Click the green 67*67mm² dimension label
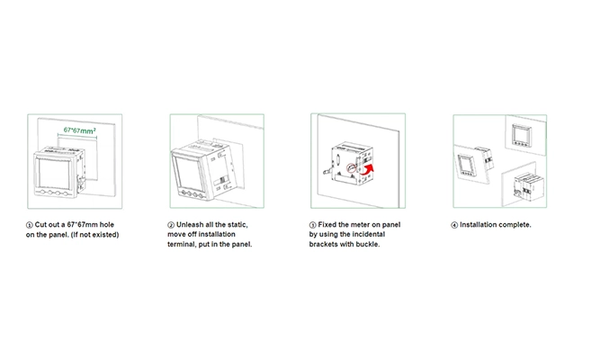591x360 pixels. [79, 130]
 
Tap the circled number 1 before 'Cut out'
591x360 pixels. [30, 225]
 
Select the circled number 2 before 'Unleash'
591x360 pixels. [171, 225]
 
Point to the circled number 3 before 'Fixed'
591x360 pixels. [313, 225]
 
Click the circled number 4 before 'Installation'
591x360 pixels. [454, 225]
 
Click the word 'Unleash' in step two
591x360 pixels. [190, 225]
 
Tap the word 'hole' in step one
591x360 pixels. [107, 225]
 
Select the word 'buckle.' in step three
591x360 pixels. [368, 244]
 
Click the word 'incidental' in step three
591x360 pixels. [369, 235]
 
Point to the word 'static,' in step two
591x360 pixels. [237, 225]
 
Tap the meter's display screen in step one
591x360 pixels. [55, 173]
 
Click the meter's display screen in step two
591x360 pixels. [190, 174]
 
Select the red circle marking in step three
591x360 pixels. [352, 167]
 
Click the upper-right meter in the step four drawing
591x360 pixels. [522, 135]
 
